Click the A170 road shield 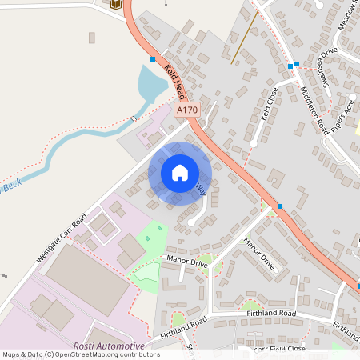(x=186, y=110)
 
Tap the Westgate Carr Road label (x=61, y=238)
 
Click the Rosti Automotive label (x=109, y=346)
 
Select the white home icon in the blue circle (x=180, y=173)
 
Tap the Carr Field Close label (x=280, y=349)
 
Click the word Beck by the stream (x=10, y=188)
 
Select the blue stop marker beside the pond (x=152, y=58)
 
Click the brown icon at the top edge (x=117, y=4)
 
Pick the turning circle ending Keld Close (x=254, y=143)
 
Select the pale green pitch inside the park (x=146, y=272)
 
